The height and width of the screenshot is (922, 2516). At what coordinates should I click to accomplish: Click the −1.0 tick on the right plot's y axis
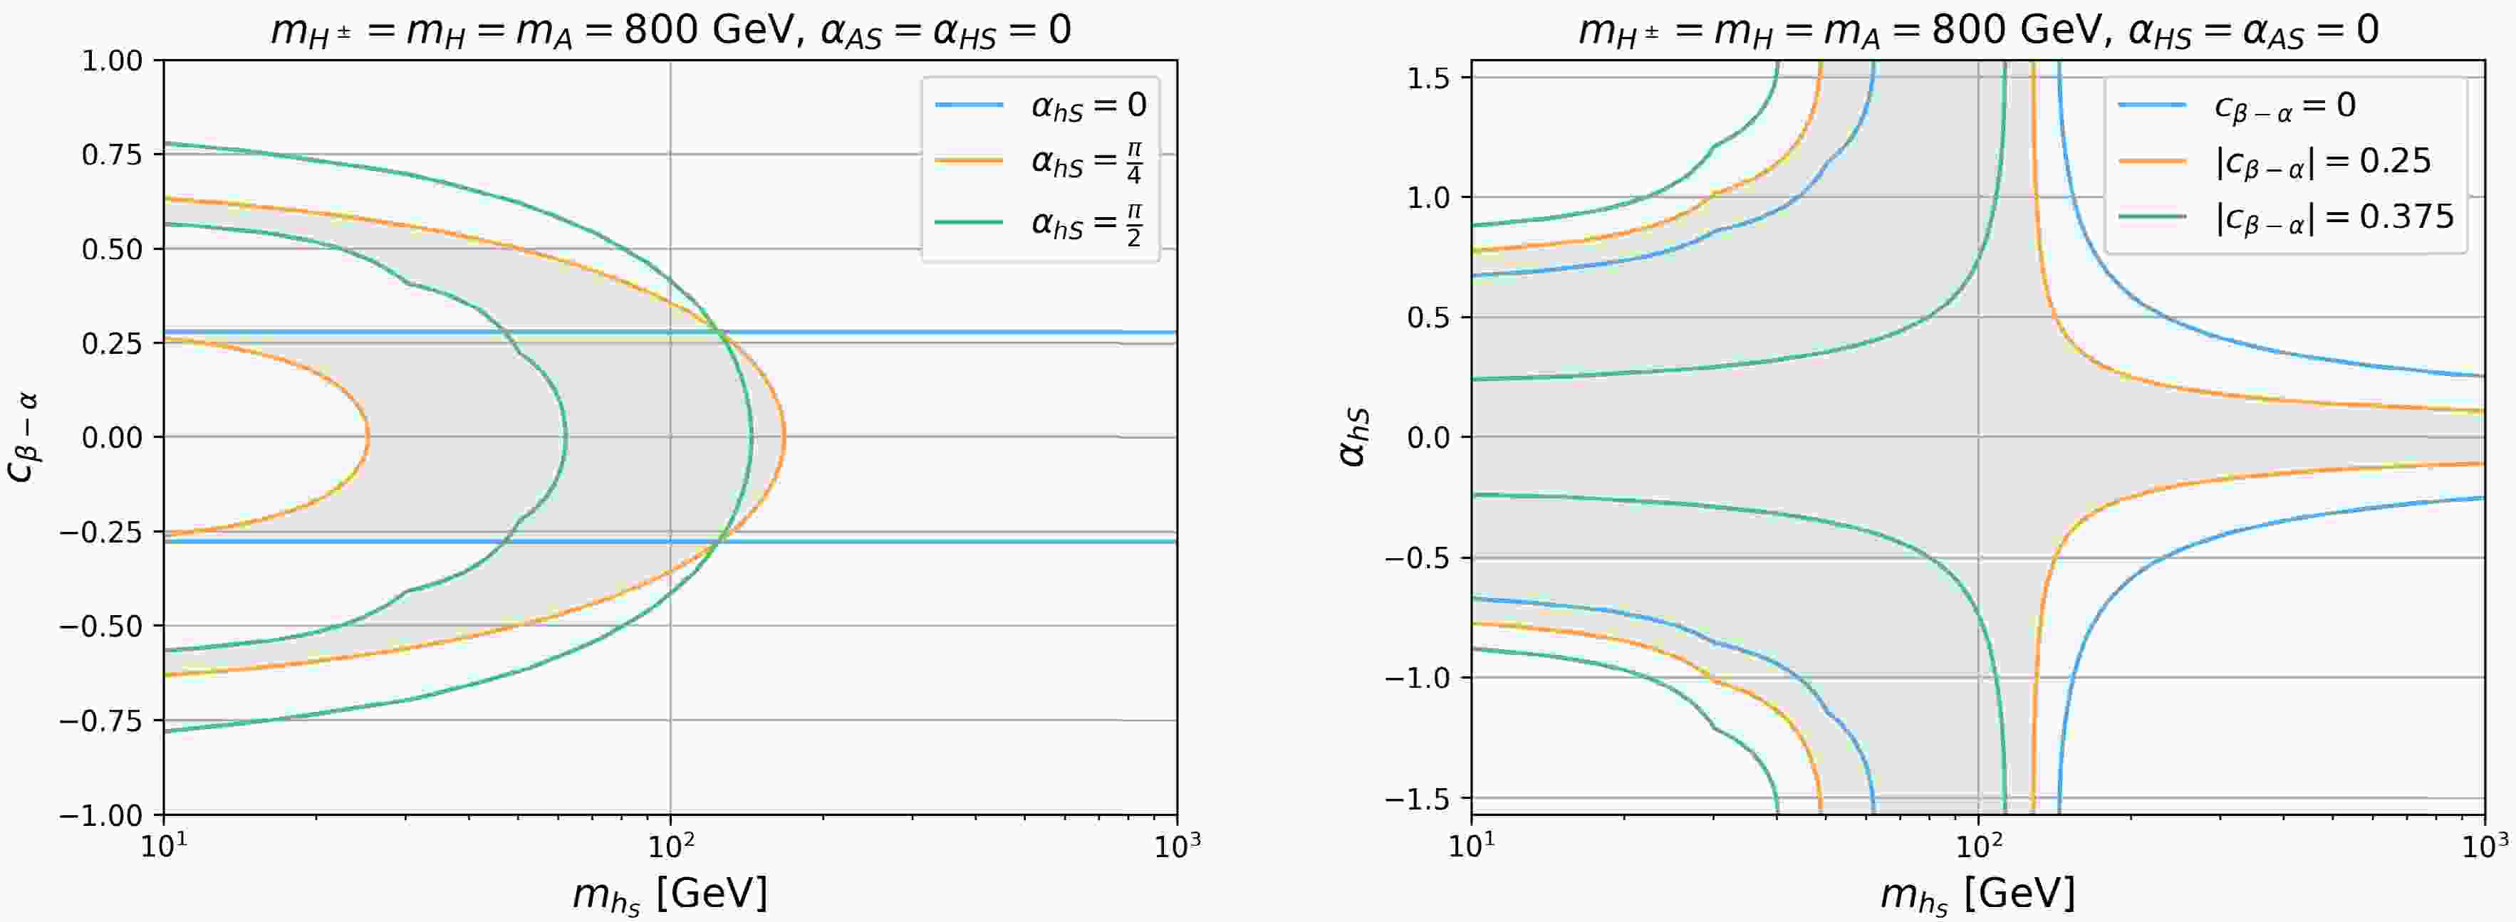(1421, 678)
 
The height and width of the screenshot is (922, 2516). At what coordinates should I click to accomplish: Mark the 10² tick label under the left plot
(670, 845)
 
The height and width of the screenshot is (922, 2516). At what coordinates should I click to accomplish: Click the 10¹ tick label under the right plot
(1471, 845)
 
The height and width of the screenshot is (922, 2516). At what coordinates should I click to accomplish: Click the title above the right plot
(1978, 29)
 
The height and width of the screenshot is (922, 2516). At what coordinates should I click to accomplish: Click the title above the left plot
(670, 29)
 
